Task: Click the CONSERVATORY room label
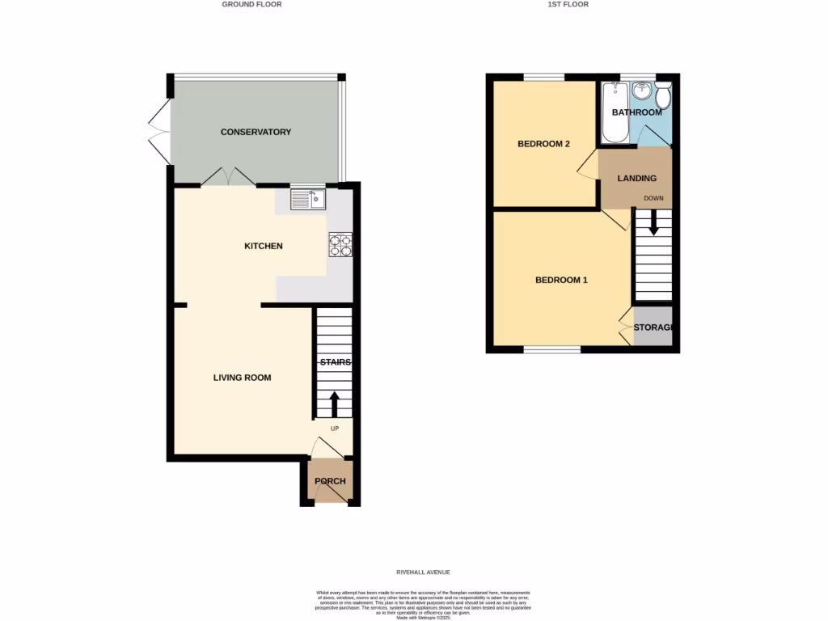(x=256, y=132)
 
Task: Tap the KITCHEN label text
(x=264, y=246)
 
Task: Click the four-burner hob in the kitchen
(x=340, y=244)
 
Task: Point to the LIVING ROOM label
(x=242, y=378)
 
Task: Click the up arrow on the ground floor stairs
(x=334, y=403)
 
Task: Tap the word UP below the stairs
(x=334, y=429)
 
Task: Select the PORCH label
(x=330, y=481)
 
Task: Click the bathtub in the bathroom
(x=615, y=112)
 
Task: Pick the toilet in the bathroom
(x=663, y=97)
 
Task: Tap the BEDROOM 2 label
(x=543, y=144)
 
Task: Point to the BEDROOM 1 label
(x=561, y=281)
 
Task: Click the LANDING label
(x=636, y=178)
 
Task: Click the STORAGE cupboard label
(x=653, y=327)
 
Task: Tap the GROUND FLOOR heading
(x=251, y=4)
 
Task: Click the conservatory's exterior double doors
(x=158, y=130)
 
